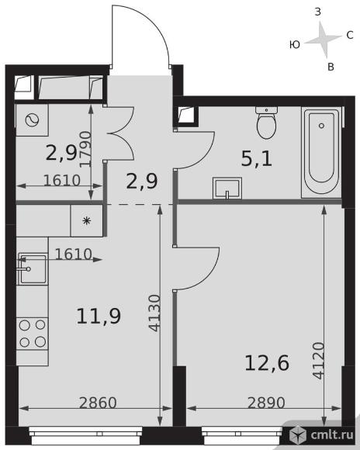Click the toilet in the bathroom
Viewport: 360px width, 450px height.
[266, 123]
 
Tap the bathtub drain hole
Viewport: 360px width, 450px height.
[321, 126]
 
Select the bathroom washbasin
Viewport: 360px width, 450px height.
[227, 189]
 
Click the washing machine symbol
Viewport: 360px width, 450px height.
[32, 120]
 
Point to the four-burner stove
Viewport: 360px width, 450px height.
[32, 333]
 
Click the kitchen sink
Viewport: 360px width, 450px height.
[32, 269]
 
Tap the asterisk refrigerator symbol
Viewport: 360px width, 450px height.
[86, 220]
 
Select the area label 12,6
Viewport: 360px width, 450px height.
[267, 363]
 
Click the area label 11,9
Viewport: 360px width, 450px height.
[99, 316]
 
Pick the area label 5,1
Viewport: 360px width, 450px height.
[257, 159]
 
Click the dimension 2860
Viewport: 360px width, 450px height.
[98, 403]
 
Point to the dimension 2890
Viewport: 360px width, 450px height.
[266, 403]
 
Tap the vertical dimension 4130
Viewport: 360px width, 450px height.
[155, 313]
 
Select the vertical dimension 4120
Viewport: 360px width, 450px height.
[319, 361]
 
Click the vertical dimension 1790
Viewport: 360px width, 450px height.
[85, 149]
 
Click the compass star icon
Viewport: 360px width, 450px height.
[324, 40]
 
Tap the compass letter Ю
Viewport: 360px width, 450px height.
[295, 44]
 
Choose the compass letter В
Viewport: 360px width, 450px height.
[331, 67]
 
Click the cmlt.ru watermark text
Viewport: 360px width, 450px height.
[332, 434]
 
